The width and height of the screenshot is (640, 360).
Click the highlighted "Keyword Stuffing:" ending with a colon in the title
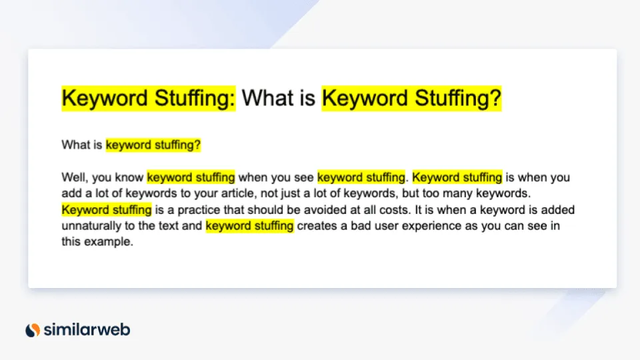(x=149, y=99)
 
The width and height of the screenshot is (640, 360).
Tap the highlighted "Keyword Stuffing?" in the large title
(x=411, y=99)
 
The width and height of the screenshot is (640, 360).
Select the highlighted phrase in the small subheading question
(x=153, y=145)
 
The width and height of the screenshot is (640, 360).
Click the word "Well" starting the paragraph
(x=71, y=177)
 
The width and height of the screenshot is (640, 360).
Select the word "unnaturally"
(x=89, y=226)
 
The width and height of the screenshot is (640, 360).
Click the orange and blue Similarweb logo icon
(x=33, y=329)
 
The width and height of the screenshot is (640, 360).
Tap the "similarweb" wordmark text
(x=87, y=329)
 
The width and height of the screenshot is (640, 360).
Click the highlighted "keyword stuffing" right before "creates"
(x=249, y=226)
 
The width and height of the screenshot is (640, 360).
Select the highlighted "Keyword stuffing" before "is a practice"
(x=107, y=209)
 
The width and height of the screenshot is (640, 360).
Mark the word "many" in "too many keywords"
(x=461, y=193)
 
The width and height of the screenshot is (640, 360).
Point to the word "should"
(x=256, y=209)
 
